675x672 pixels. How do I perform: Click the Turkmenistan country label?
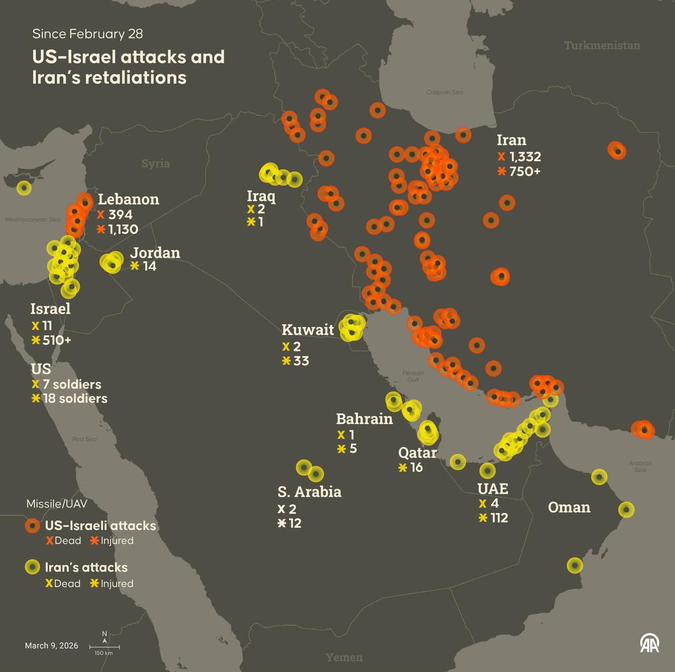pyautogui.click(x=602, y=45)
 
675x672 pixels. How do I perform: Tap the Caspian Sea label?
pyautogui.click(x=445, y=92)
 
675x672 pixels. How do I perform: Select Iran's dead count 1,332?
pyautogui.click(x=525, y=157)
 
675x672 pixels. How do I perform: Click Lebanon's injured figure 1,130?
pyautogui.click(x=123, y=229)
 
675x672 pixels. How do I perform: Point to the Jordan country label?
pyautogui.click(x=155, y=253)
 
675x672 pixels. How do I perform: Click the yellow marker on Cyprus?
pyautogui.click(x=24, y=188)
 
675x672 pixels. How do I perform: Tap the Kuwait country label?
pyautogui.click(x=307, y=330)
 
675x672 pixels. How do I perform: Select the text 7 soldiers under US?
pyautogui.click(x=72, y=384)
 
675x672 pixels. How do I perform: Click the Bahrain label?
pyautogui.click(x=364, y=419)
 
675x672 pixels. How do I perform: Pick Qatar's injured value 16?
pyautogui.click(x=416, y=467)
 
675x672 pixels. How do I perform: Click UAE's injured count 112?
pyautogui.click(x=499, y=517)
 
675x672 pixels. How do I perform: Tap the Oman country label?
pyautogui.click(x=569, y=507)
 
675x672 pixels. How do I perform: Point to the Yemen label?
pyautogui.click(x=344, y=657)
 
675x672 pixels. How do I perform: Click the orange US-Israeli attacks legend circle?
pyautogui.click(x=33, y=525)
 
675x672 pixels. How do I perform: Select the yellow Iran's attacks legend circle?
pyautogui.click(x=33, y=567)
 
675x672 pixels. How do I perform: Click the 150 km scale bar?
pyautogui.click(x=104, y=647)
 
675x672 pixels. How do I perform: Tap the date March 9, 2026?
pyautogui.click(x=52, y=646)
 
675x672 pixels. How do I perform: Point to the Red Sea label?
pyautogui.click(x=84, y=439)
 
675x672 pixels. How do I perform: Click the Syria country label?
pyautogui.click(x=156, y=164)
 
